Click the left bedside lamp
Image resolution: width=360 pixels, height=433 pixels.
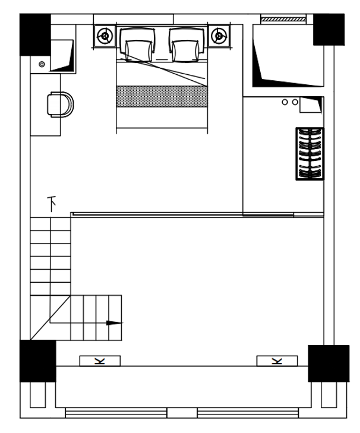[105, 36]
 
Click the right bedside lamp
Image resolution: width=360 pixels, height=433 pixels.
[219, 36]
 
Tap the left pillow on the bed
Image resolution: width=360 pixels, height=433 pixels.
[137, 44]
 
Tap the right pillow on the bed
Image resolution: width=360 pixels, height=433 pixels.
[187, 44]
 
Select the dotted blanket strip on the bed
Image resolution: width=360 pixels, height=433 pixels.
[162, 96]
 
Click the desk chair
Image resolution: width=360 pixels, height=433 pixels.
[60, 105]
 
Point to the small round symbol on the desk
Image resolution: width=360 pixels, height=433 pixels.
[42, 64]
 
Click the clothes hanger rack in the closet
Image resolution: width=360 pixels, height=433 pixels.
[310, 154]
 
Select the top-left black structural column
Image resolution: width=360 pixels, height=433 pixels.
[35, 34]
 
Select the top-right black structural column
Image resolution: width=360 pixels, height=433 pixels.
[329, 30]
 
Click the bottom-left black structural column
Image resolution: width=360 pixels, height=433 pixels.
[38, 361]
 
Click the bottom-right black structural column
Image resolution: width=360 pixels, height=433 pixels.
[329, 364]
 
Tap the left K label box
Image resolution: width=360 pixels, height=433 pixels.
[100, 361]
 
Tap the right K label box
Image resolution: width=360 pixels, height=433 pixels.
[277, 361]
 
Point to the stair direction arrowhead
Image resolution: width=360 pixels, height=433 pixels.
[115, 323]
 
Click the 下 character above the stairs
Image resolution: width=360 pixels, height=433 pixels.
[52, 204]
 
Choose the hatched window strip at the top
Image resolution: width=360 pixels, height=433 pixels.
[283, 19]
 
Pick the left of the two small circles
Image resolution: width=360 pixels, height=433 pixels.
[285, 102]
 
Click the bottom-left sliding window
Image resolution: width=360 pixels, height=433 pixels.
[116, 413]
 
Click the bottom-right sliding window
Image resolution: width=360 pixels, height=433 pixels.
[248, 413]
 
